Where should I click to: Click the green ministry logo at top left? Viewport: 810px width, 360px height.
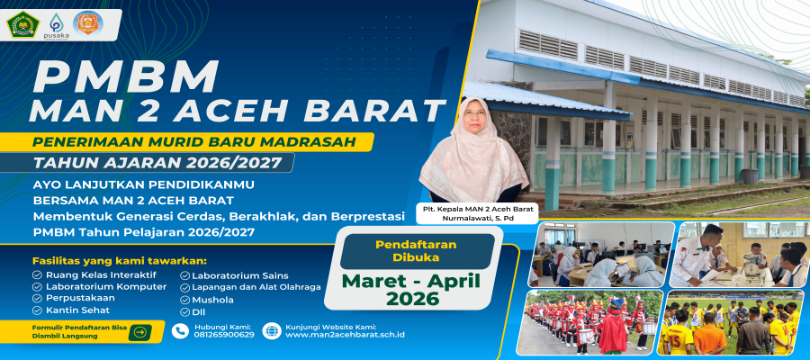(22, 24)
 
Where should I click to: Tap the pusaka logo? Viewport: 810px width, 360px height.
(56, 23)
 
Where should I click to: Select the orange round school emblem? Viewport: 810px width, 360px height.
(88, 23)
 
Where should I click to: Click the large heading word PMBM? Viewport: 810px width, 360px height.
(125, 77)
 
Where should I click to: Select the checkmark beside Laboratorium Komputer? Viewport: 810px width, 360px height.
(37, 287)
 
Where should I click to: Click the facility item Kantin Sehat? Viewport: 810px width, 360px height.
(77, 310)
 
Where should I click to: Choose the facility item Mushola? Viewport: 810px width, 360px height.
(212, 300)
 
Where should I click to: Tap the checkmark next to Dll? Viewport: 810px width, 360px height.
(184, 312)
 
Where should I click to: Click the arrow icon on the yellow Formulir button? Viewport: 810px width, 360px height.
(139, 333)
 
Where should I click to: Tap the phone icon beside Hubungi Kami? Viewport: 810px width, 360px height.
(180, 331)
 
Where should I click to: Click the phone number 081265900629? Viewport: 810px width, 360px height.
(224, 335)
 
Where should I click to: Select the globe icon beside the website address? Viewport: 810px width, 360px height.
(271, 331)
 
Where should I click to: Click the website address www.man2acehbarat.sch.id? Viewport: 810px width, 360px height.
(345, 335)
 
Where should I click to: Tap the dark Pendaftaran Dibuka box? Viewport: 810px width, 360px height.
(417, 251)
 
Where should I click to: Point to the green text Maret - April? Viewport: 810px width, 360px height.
(411, 281)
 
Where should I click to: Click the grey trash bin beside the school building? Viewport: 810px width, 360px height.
(750, 176)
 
